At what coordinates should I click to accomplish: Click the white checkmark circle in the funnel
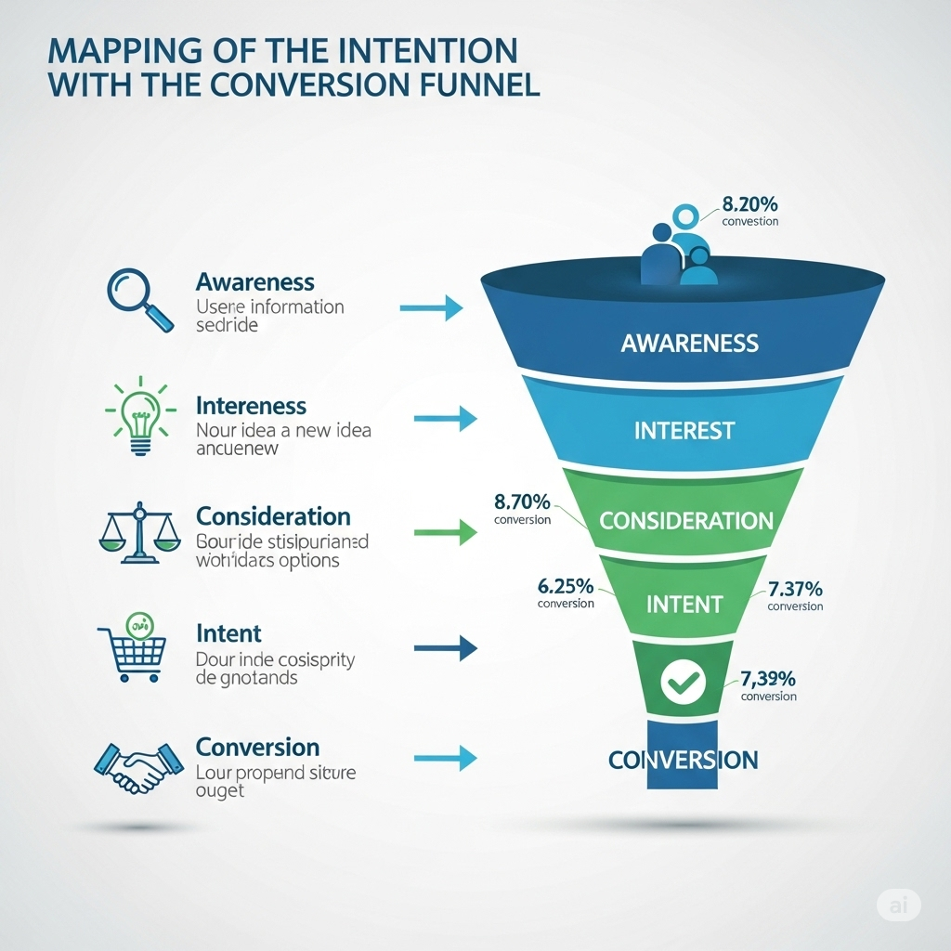(684, 684)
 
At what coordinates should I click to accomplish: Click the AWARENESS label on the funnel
(689, 344)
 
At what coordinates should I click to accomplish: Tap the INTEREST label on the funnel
(684, 431)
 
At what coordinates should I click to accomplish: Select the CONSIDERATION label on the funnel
(686, 520)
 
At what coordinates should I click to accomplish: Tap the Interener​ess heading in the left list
(251, 406)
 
